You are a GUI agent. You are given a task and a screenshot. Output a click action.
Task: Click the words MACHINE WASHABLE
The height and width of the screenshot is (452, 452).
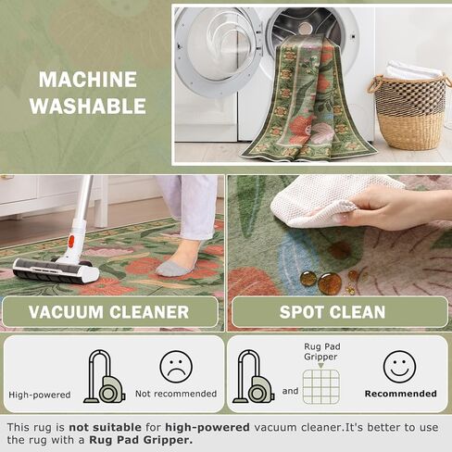point(87,93)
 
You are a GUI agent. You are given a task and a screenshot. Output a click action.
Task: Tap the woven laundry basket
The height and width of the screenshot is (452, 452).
point(410,111)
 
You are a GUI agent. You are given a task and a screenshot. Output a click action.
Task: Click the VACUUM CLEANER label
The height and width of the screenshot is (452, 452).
point(108,312)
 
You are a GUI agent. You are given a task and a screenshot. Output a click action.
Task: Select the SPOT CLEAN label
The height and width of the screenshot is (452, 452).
point(339,312)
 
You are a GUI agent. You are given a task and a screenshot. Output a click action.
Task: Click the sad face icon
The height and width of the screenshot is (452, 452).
point(174,367)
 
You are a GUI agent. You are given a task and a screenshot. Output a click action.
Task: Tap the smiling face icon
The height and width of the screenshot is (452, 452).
point(399,367)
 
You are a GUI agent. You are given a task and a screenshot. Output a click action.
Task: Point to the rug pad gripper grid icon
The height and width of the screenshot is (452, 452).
point(320,386)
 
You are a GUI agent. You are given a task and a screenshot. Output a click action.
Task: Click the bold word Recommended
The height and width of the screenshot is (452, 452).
point(400,394)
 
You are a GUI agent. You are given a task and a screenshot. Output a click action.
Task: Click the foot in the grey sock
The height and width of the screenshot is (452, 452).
point(176,266)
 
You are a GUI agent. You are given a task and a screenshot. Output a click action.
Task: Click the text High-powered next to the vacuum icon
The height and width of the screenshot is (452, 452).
point(39,395)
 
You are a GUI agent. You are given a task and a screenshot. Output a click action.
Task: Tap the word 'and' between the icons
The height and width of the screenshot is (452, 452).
point(290,391)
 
